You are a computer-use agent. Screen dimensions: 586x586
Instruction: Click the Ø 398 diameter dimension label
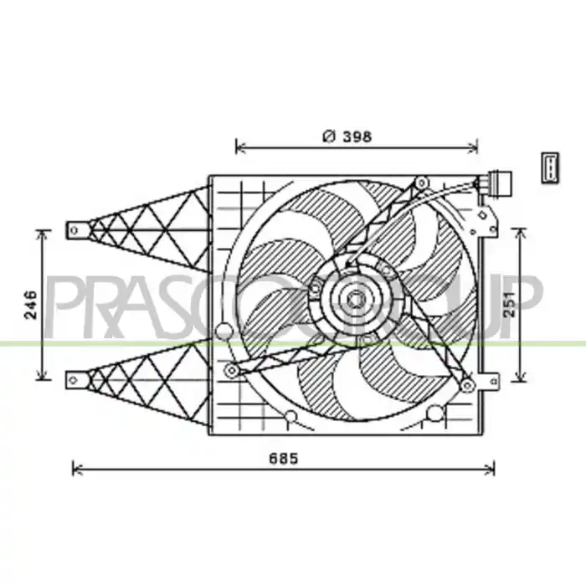tap(347, 136)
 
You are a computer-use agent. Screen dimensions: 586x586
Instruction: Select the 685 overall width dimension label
tap(284, 458)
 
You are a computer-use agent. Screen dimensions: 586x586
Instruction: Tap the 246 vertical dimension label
tap(31, 305)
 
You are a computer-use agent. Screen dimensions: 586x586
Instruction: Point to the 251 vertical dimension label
tap(510, 304)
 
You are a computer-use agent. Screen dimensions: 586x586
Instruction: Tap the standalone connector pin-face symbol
tap(550, 167)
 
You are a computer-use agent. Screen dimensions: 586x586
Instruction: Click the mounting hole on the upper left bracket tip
tap(74, 230)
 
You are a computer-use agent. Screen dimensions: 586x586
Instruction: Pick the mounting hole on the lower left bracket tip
tap(74, 380)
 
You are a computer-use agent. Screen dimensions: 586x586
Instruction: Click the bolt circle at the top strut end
tap(422, 182)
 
